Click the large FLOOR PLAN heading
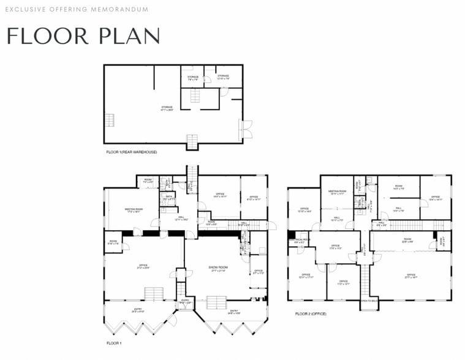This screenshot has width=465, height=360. pyautogui.click(x=83, y=36)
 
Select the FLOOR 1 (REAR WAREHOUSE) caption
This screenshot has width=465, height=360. pyautogui.click(x=130, y=151)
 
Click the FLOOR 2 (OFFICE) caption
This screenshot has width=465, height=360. pyautogui.click(x=311, y=314)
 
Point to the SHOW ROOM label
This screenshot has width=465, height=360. pyautogui.click(x=218, y=269)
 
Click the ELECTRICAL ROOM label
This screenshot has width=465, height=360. pyautogui.click(x=300, y=241)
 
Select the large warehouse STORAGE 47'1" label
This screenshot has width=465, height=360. pyautogui.click(x=167, y=109)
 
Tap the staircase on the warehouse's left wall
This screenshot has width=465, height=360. pyautogui.click(x=109, y=119)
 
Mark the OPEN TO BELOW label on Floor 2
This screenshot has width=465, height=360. pyautogui.click(x=369, y=301)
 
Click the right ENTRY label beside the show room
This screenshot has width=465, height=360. pyautogui.click(x=234, y=312)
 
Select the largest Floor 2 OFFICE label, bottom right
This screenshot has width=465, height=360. pyautogui.click(x=410, y=276)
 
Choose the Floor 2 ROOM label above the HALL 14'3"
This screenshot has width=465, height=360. pyautogui.click(x=398, y=187)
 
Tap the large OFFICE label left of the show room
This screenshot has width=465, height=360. pyautogui.click(x=143, y=266)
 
